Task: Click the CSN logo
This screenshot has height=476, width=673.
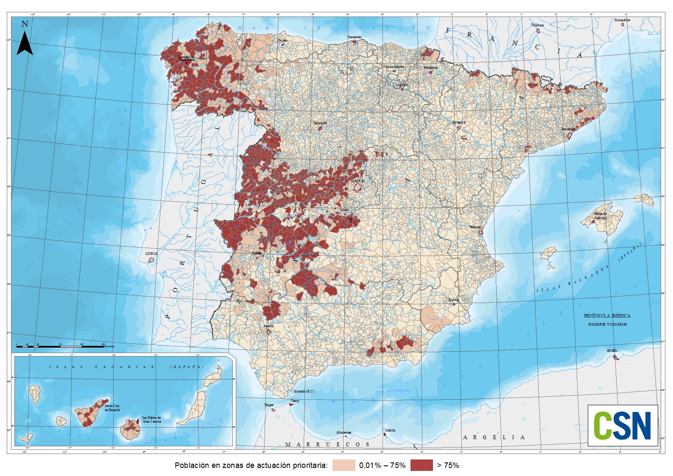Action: point(622,425)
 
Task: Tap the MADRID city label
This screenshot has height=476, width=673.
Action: point(357,181)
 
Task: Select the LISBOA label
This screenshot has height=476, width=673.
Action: point(151,253)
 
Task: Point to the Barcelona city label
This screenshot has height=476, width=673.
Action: point(568,129)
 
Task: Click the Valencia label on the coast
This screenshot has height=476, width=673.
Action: point(475,227)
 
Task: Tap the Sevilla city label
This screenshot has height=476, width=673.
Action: point(268,326)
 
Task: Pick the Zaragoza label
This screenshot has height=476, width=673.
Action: point(458,122)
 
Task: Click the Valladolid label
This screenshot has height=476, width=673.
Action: point(320,123)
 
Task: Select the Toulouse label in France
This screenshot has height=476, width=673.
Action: point(537,25)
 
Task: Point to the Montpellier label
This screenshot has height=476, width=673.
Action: point(622,20)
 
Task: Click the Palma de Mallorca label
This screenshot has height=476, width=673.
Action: point(600,216)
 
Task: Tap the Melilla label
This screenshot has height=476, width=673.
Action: point(390,430)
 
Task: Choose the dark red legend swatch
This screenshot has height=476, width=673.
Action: point(421,465)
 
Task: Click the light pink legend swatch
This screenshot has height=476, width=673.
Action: point(343,465)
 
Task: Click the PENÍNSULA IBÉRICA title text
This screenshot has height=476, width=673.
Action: point(607,316)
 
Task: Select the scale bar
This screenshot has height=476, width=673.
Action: point(59,347)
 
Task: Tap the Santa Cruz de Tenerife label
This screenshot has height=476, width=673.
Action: point(112,408)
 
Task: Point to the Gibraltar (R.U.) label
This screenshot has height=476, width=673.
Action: point(304,391)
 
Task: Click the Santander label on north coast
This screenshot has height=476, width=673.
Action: point(355,37)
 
